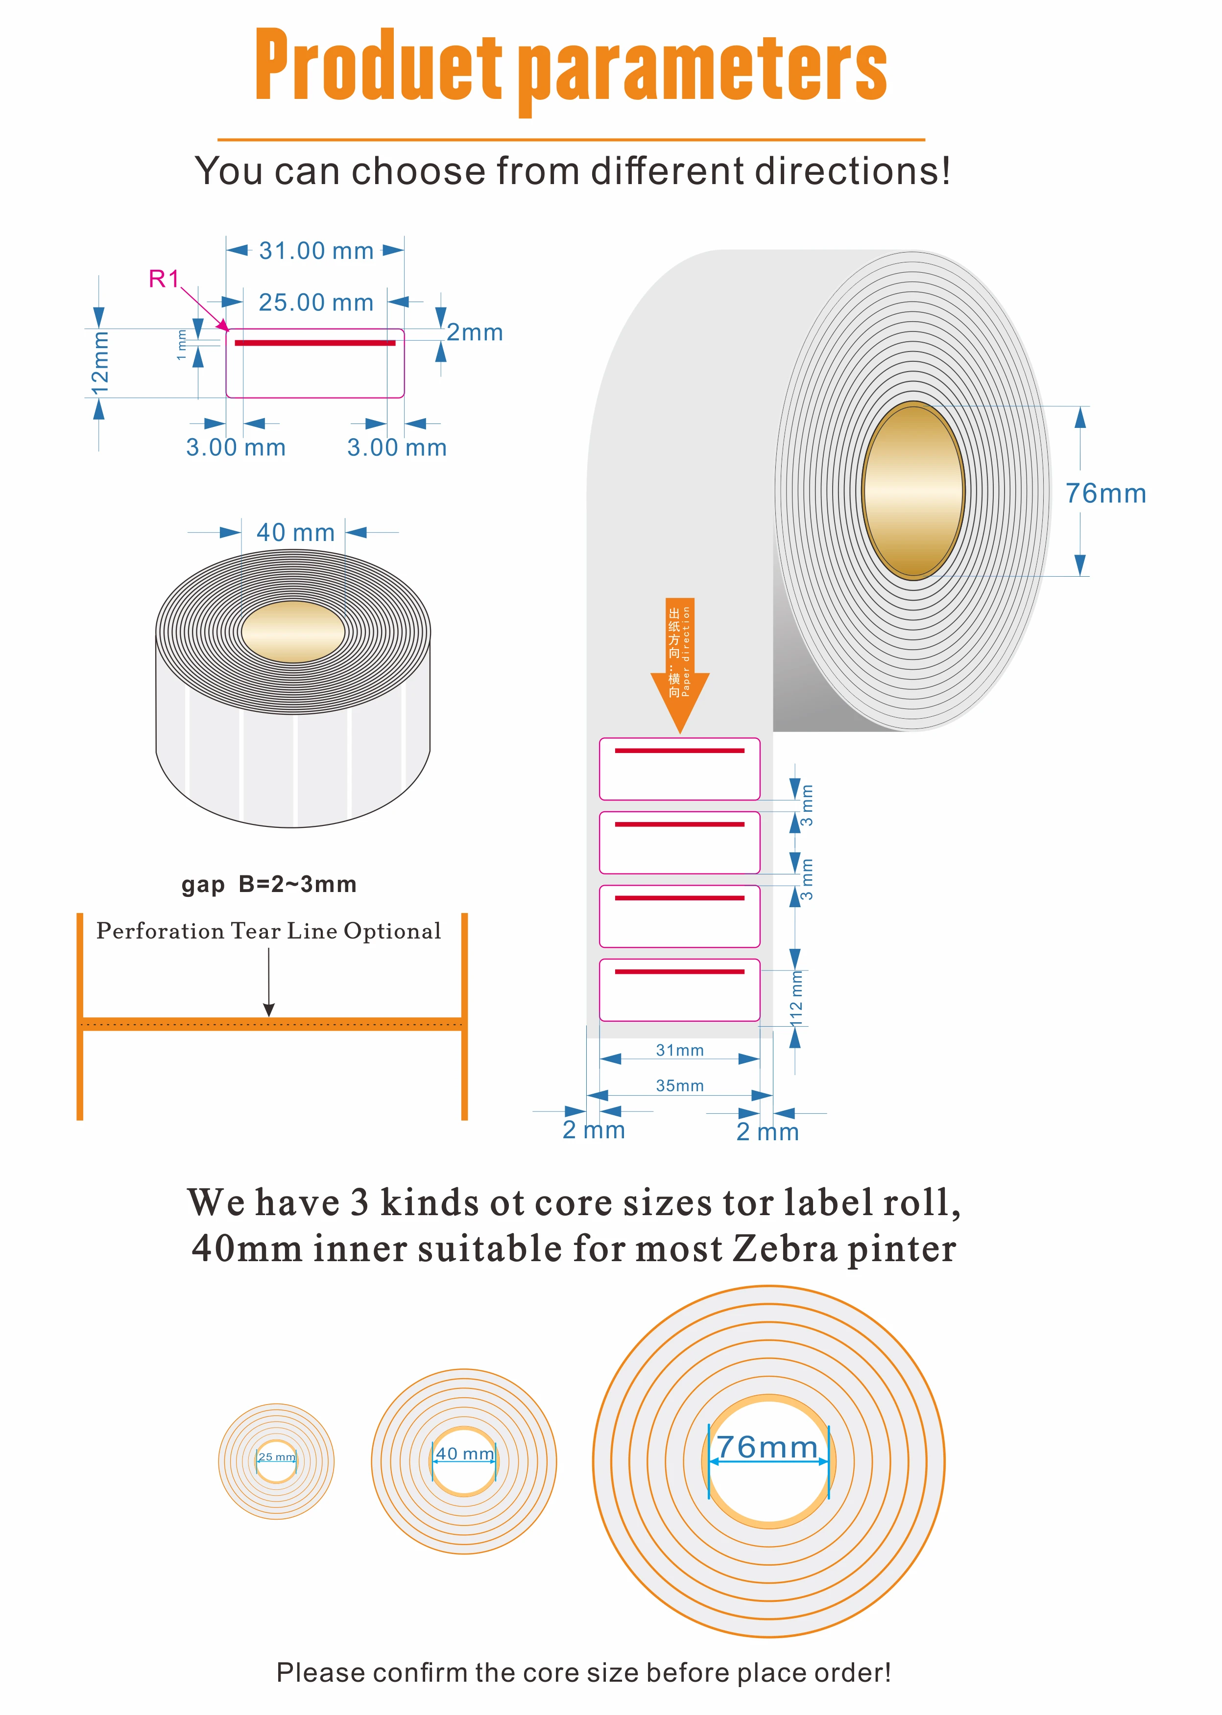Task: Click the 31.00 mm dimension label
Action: tap(316, 251)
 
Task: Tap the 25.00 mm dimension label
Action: tap(316, 303)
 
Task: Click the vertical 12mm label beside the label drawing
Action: tap(100, 363)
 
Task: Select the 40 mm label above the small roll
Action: tap(295, 533)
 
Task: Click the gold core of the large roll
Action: tap(913, 491)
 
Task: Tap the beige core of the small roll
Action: tap(293, 632)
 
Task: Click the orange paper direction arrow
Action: tap(679, 662)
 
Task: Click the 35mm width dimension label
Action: tap(679, 1085)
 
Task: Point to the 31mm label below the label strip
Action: tap(679, 1050)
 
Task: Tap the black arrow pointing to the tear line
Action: tap(268, 982)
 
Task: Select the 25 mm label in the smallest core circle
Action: tap(276, 1457)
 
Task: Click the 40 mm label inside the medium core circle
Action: tap(465, 1454)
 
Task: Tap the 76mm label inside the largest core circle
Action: tap(767, 1447)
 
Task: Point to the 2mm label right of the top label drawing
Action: tap(474, 332)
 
